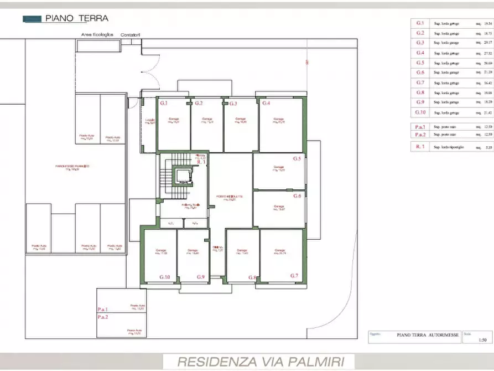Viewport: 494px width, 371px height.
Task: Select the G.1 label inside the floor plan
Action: tap(164, 104)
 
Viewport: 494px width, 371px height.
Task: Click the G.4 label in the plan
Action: tap(266, 104)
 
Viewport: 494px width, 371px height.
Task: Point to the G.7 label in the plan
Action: tap(294, 275)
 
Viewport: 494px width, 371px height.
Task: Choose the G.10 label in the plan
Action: tap(165, 277)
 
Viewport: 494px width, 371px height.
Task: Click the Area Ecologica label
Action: tap(97, 34)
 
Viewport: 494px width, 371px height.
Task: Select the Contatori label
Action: tap(130, 34)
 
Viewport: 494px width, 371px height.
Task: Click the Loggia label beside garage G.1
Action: tap(149, 121)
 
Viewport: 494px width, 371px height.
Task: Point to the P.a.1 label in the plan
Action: tap(103, 310)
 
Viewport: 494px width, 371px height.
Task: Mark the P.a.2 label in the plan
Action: tap(103, 317)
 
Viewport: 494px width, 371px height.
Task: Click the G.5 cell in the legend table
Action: tap(420, 63)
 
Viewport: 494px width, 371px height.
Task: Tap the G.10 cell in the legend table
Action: tap(420, 112)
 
